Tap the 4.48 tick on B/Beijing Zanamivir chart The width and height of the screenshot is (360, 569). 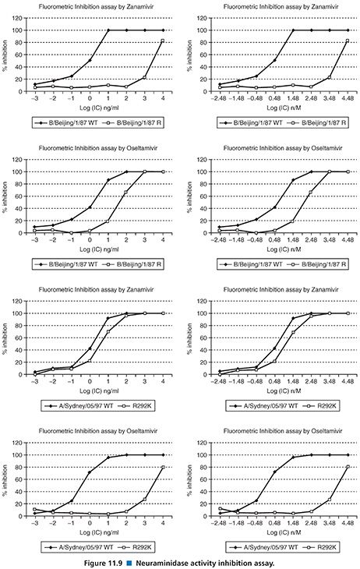348,97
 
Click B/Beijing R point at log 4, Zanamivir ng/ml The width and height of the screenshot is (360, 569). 162,41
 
